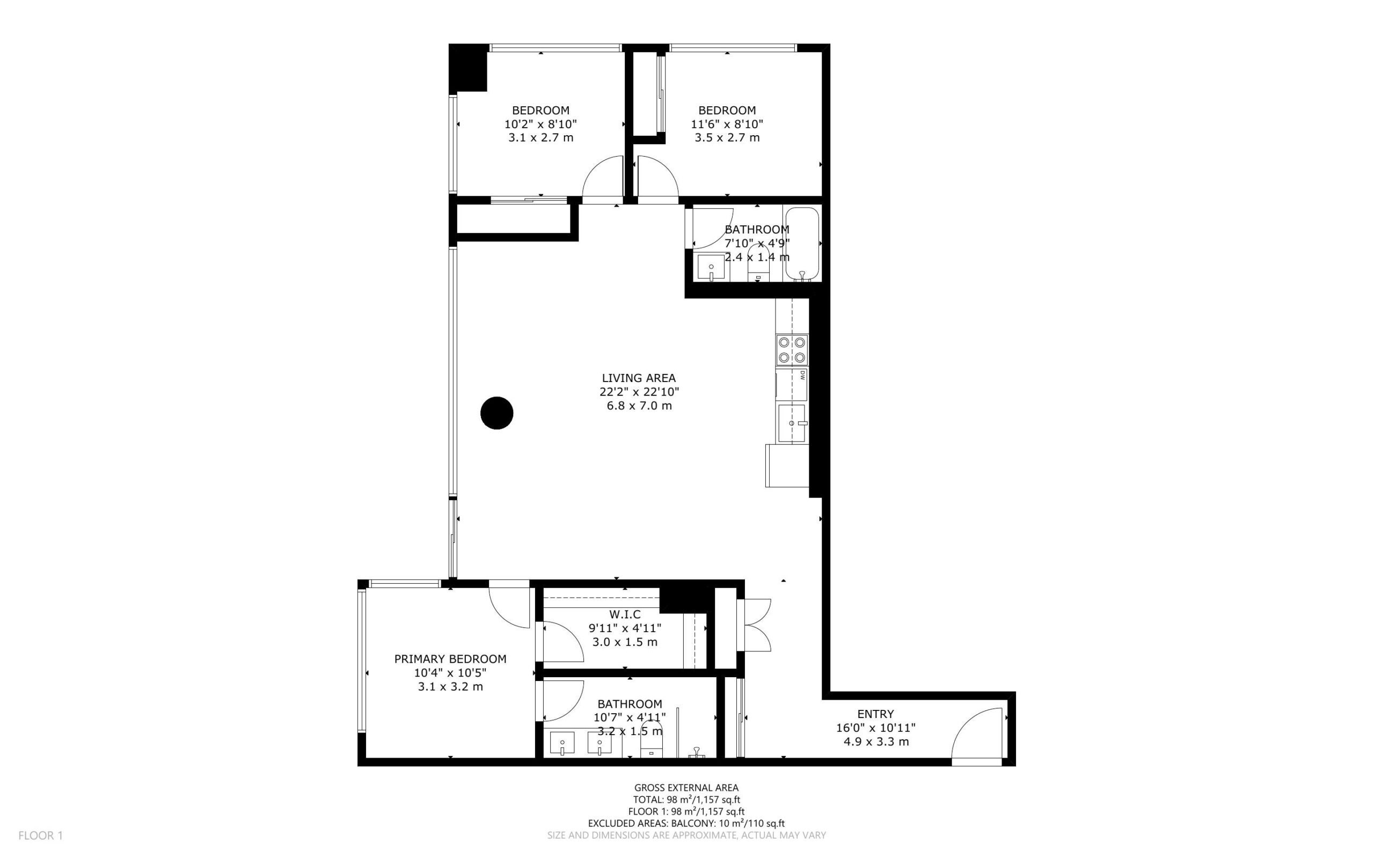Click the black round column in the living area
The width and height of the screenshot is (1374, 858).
pyautogui.click(x=496, y=413)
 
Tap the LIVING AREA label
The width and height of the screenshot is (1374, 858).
pyautogui.click(x=639, y=378)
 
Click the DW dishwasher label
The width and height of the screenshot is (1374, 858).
pyautogui.click(x=802, y=375)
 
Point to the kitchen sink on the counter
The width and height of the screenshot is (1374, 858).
pyautogui.click(x=792, y=423)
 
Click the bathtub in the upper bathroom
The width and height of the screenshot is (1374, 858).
pyautogui.click(x=801, y=244)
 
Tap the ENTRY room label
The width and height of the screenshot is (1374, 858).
pyautogui.click(x=875, y=714)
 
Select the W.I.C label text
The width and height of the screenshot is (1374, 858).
pyautogui.click(x=625, y=614)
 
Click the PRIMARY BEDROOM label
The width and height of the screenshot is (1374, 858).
pyautogui.click(x=450, y=659)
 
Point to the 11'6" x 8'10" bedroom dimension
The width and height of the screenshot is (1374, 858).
pyautogui.click(x=727, y=124)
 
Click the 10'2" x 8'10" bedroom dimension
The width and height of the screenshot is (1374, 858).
pyautogui.click(x=541, y=124)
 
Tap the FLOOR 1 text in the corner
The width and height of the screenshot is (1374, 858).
pyautogui.click(x=40, y=835)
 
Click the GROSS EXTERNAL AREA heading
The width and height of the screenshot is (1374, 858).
pyautogui.click(x=686, y=788)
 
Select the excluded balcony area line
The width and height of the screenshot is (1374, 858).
pyautogui.click(x=686, y=823)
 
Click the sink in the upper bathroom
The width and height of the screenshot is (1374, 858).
pyautogui.click(x=711, y=267)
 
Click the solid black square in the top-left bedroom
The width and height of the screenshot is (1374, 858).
pyautogui.click(x=468, y=68)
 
